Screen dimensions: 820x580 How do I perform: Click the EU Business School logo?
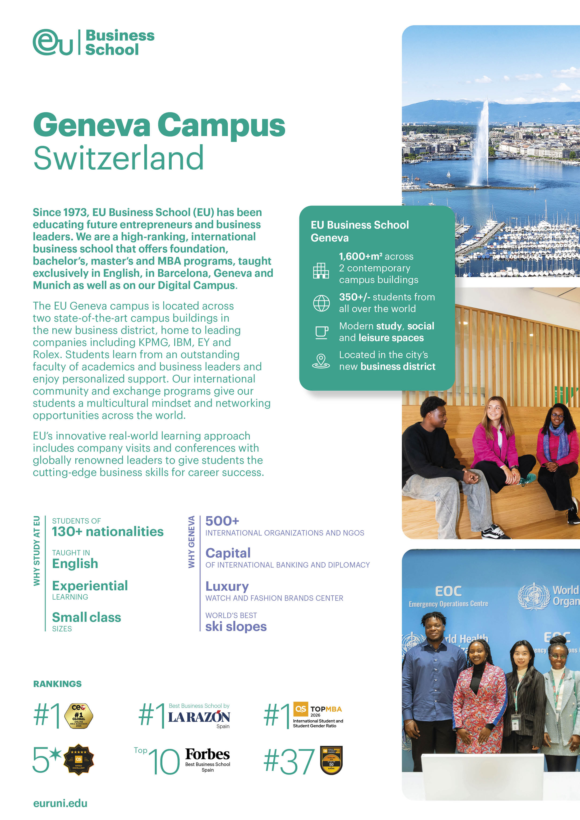coord(94,42)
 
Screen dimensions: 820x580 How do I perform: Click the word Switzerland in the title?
coord(118,158)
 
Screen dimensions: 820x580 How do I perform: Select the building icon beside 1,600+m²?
coord(321,270)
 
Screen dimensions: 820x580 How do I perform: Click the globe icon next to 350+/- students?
coord(321,303)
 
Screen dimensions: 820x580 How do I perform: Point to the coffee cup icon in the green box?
coord(321,332)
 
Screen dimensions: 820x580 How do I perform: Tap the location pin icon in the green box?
coord(321,361)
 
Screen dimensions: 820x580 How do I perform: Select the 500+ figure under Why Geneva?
coord(222,521)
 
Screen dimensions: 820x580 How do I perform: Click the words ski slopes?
coord(236,626)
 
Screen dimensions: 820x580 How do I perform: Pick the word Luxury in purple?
coord(227,586)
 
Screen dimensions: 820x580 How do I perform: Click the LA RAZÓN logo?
coord(199,717)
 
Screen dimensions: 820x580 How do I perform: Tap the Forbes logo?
coord(207,754)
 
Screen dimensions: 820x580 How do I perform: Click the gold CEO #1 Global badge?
coord(79,716)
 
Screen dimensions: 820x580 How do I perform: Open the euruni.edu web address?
coord(60,803)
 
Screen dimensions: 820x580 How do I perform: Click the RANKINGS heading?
coord(57,684)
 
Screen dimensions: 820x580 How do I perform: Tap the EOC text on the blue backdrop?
coord(448,592)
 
